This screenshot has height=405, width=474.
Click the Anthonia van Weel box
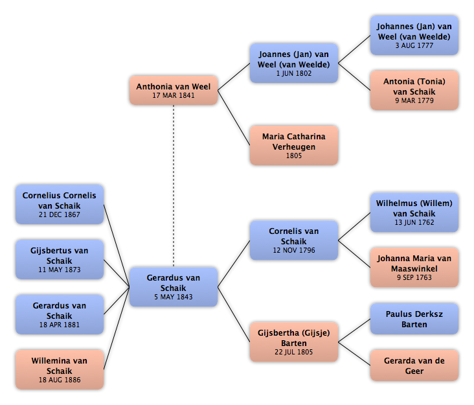point(174,90)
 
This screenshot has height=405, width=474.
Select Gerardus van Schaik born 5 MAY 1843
point(174,286)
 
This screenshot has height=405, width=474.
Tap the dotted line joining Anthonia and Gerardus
point(174,186)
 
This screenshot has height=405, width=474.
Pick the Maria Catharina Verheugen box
point(294,145)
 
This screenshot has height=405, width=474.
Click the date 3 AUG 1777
point(414,45)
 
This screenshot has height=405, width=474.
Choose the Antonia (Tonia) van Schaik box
point(414,90)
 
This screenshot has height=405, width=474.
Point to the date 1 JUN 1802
point(294,73)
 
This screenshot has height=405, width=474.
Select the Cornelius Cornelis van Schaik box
point(60,205)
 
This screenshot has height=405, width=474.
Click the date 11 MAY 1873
point(60,270)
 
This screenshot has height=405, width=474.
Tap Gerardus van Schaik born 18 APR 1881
point(60,314)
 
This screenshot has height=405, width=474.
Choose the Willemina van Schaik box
point(60,369)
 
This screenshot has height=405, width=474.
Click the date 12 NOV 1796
point(294,250)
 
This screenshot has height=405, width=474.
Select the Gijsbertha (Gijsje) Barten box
point(294,341)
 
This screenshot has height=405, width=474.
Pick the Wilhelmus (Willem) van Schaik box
point(414,213)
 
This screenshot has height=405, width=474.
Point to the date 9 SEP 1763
point(414,277)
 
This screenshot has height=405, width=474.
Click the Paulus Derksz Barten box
point(414,319)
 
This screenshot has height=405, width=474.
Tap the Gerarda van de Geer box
point(414,365)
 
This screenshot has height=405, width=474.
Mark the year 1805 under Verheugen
point(294,156)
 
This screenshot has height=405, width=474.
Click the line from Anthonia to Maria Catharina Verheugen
point(234,118)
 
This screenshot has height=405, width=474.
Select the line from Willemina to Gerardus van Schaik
point(117,328)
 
